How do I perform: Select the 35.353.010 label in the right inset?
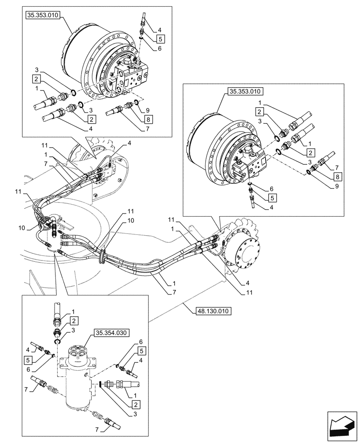245,92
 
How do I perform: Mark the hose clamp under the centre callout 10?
102,256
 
